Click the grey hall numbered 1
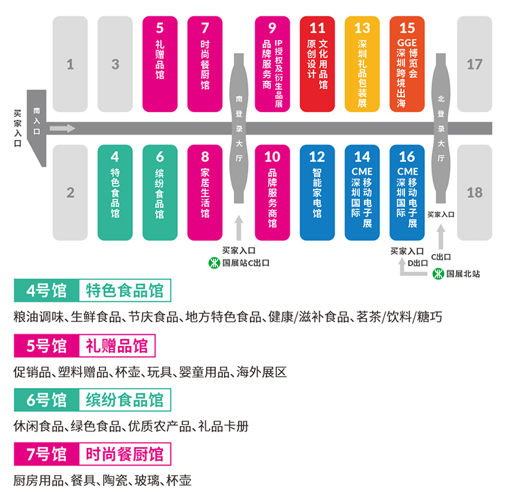tap(70, 64)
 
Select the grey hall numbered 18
tap(474, 192)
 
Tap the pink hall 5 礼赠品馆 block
tap(160, 64)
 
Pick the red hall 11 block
tap(317, 64)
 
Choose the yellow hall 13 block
tap(362, 64)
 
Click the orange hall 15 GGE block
tap(407, 64)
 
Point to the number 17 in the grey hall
tap(474, 65)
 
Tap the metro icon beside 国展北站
tap(439, 274)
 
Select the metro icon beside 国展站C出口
tap(213, 262)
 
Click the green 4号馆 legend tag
tap(46, 292)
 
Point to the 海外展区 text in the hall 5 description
tap(262, 372)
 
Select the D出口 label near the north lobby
tap(418, 262)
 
